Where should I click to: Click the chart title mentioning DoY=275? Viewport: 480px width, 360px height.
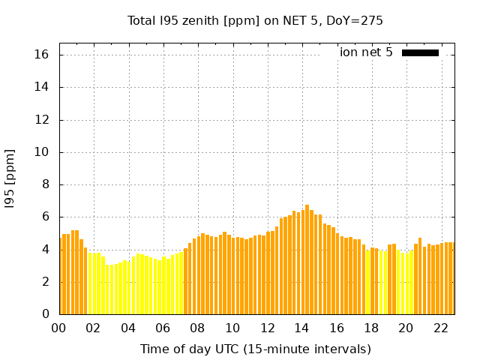pos(255,20)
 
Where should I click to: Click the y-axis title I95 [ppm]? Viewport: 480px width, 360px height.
pos(10,178)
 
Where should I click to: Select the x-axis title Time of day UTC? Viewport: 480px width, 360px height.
pos(255,349)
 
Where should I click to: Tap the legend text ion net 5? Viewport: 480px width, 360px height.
pos(366,52)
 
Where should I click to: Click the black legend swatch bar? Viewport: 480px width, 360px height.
pos(420,52)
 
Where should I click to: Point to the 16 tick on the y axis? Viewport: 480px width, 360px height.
pos(41,55)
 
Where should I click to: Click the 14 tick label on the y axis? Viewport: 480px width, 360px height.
pos(41,87)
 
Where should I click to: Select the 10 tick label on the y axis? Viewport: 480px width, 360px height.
pos(41,152)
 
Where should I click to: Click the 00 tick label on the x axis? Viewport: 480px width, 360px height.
pos(59,328)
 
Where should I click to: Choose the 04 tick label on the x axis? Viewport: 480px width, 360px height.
pos(128,328)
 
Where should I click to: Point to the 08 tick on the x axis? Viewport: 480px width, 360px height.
pos(197,328)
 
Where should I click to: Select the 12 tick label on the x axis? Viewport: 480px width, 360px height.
pos(267,328)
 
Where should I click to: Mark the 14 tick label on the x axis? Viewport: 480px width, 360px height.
pos(301,328)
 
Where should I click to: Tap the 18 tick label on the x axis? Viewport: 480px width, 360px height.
pos(370,328)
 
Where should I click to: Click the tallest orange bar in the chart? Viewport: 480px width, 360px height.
pos(307,259)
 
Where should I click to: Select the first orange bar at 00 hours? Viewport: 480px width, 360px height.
pos(61,276)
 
